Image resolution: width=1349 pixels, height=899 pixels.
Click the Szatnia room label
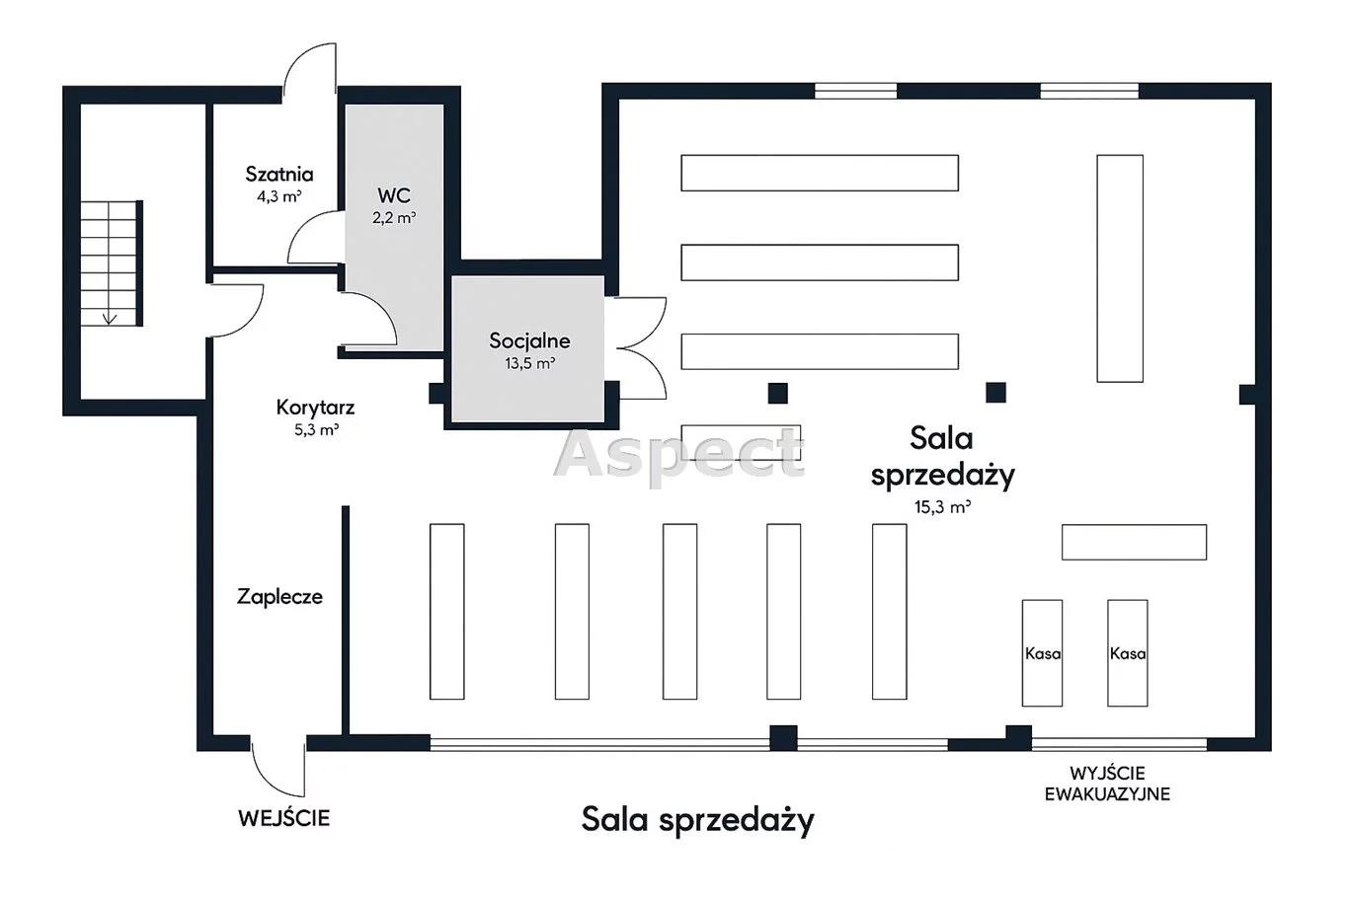pos(279,175)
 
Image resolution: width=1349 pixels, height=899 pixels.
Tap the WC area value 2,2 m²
pos(393,218)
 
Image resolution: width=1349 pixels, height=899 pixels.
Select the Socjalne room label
pos(529,341)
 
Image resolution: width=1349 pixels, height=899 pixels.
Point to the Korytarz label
pos(315,408)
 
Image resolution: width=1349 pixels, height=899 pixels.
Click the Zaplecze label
pos(279,597)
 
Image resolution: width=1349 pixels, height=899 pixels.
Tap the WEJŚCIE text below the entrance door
pos(283,818)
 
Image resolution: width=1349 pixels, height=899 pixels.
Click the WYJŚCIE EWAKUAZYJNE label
pos(1107,784)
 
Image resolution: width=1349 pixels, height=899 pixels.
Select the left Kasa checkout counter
pos(1042,653)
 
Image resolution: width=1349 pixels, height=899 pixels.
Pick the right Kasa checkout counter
pos(1127,653)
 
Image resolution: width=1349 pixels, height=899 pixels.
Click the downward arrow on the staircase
pos(109,317)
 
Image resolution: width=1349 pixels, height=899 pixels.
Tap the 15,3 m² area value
pos(942,508)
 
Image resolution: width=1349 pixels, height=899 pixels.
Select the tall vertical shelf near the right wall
pos(1120,268)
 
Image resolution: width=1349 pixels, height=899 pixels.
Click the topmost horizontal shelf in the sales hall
pos(819,173)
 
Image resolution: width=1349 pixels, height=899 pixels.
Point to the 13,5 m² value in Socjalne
pos(529,363)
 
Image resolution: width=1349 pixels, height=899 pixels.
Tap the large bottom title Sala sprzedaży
pos(697,819)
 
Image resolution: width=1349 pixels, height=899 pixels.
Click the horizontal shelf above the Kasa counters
pos(1134,542)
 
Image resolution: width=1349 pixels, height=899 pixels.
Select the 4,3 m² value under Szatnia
pos(278,196)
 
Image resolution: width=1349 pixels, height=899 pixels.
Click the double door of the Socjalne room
pos(638,347)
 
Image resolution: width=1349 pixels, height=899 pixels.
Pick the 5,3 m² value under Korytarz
pos(316,430)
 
